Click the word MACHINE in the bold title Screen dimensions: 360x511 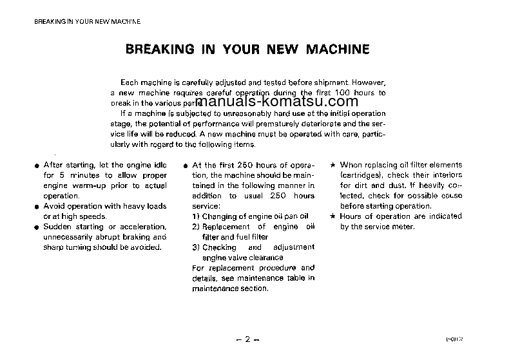(338, 50)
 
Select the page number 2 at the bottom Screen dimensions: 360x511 (248, 339)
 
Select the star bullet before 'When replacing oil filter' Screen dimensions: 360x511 (332, 166)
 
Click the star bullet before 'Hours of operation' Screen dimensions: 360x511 (332, 216)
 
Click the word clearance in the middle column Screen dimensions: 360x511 (265, 257)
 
